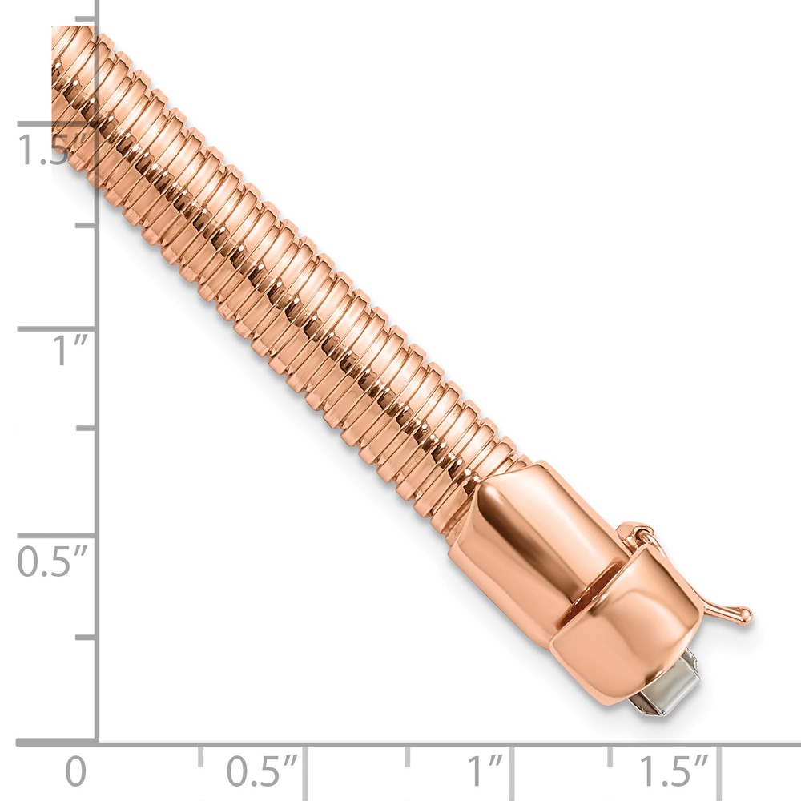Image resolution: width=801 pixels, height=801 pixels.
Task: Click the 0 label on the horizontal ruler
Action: pyautogui.click(x=75, y=772)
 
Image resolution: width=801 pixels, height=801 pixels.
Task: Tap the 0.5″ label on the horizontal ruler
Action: pyautogui.click(x=262, y=772)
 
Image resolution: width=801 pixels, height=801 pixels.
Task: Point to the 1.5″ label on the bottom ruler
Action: pyautogui.click(x=673, y=771)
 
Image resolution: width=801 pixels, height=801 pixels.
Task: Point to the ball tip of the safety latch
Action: pyautogui.click(x=745, y=614)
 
